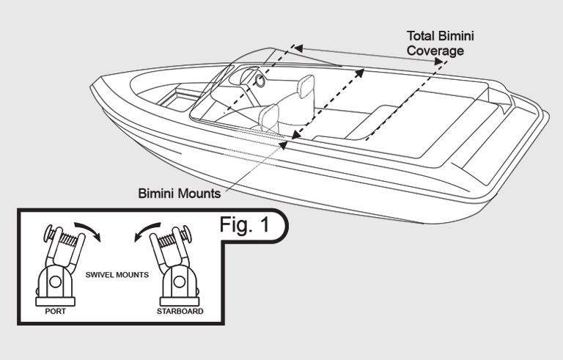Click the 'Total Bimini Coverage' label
438,43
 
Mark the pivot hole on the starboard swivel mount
175,282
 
